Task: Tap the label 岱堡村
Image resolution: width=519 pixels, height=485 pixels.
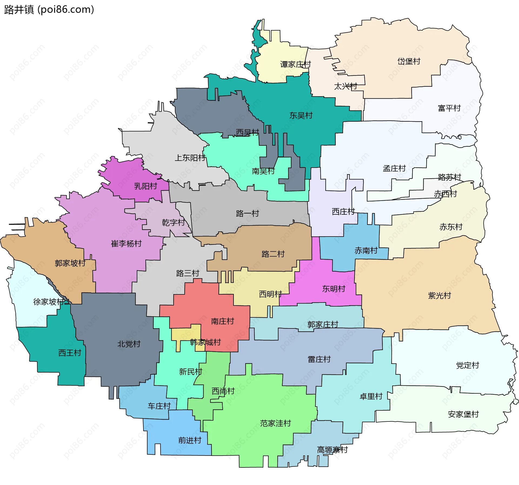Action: click(x=409, y=61)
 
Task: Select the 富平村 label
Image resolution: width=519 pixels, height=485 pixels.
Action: click(x=449, y=108)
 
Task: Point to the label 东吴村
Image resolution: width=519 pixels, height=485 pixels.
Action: click(x=301, y=115)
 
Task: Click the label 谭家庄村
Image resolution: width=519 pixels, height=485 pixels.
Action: click(x=295, y=64)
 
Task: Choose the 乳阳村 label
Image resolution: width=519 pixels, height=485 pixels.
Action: click(x=146, y=186)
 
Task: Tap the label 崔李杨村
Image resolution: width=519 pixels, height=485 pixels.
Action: click(x=126, y=244)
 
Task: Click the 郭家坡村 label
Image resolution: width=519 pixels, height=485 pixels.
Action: click(x=70, y=263)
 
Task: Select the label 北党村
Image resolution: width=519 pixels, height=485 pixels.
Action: click(x=129, y=344)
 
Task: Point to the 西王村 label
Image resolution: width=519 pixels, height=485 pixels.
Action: click(x=70, y=353)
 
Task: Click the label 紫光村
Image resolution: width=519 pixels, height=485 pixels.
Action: click(x=440, y=295)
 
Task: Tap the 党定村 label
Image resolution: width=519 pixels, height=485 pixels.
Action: click(x=468, y=365)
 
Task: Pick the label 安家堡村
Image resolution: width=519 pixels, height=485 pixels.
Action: click(x=463, y=414)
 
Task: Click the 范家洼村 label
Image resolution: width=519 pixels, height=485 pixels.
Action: click(x=275, y=423)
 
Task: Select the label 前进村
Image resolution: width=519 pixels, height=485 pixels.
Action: click(x=190, y=440)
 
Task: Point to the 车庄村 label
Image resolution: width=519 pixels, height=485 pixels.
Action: click(x=159, y=406)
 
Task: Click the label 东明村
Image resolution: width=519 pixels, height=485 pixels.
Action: click(x=334, y=289)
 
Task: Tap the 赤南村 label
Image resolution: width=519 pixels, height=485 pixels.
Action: click(x=366, y=250)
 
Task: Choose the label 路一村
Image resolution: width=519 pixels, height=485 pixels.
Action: click(x=247, y=213)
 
